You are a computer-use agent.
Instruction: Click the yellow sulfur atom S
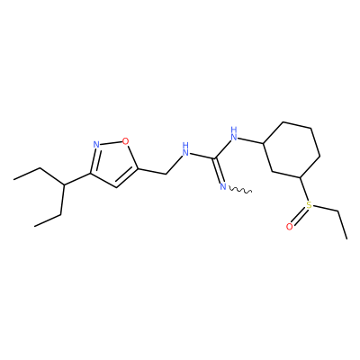tap(309, 205)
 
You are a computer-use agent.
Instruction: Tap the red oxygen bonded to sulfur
tap(289, 227)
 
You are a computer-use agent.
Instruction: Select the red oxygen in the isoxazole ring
tap(125, 140)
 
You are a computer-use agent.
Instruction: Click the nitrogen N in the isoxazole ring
tap(96, 145)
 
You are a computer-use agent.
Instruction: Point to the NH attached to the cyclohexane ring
tap(234, 134)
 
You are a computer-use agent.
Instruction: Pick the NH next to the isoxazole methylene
tap(186, 150)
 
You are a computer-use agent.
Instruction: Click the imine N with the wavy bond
tap(222, 187)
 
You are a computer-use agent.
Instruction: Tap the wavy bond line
tap(240, 190)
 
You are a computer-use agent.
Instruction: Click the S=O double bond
tap(299, 216)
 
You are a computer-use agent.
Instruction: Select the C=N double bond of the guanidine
tap(219, 169)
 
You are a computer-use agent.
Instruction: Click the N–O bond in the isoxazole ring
tap(111, 143)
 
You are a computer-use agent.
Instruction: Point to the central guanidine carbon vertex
tap(215, 157)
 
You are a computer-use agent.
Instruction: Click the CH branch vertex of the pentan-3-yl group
tap(64, 184)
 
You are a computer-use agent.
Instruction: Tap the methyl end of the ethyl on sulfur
tap(346, 238)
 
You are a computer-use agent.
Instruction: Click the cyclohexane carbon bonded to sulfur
tap(301, 177)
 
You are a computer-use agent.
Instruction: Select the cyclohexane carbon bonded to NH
tap(263, 143)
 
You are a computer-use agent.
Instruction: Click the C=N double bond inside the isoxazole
tap(94, 160)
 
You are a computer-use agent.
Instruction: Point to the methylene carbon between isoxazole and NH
tap(166, 174)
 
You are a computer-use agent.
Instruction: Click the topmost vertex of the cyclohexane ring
tap(283, 121)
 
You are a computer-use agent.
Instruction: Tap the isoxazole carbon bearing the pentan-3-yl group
tap(89, 174)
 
